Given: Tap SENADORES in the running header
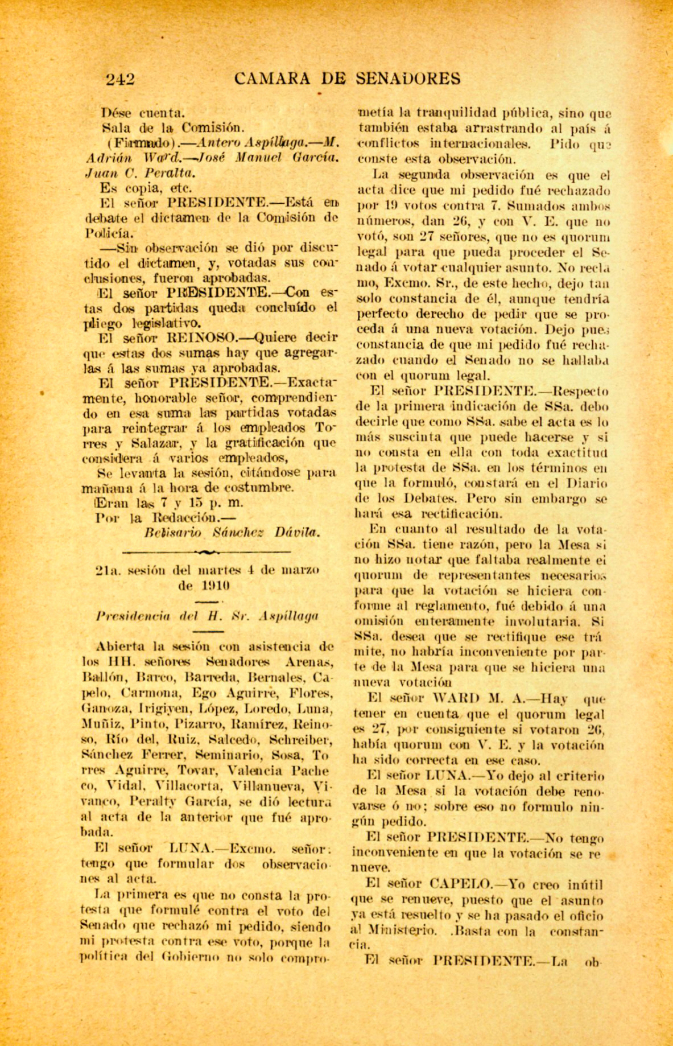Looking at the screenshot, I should (408, 79).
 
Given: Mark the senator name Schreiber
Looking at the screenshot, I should (300, 740).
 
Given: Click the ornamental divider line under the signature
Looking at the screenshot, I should (208, 552).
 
